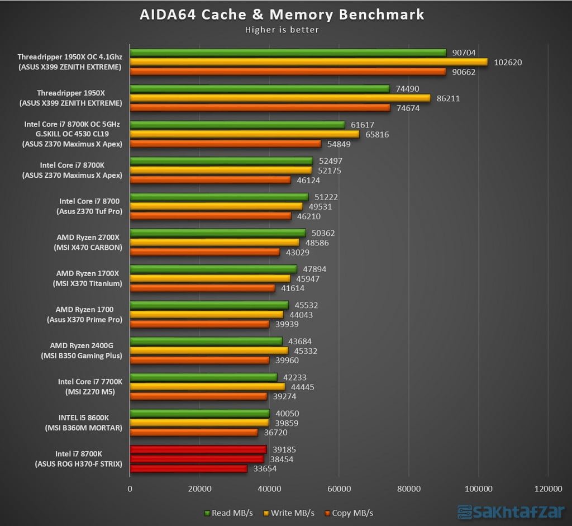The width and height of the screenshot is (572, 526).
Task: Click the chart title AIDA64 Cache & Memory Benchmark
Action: click(282, 15)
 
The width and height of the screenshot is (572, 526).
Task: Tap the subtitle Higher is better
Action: click(282, 30)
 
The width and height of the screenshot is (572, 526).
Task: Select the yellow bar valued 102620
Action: click(308, 62)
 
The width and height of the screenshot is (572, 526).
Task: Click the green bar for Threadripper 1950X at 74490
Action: click(260, 88)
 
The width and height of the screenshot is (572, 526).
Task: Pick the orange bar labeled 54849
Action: click(225, 144)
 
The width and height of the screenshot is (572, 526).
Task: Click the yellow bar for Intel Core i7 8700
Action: click(216, 206)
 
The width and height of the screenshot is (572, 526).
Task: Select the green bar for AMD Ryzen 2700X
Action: click(218, 233)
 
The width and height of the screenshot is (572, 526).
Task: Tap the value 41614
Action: click(294, 288)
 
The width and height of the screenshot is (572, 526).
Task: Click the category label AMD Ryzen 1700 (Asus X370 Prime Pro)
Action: click(84, 314)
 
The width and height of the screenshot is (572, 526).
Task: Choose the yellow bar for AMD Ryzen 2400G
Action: click(209, 350)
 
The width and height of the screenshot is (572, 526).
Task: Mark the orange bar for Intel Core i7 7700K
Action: click(198, 396)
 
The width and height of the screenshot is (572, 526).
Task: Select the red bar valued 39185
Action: click(198, 449)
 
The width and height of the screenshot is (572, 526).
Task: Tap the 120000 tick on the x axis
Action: click(547, 489)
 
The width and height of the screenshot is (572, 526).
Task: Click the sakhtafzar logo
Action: click(511, 512)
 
